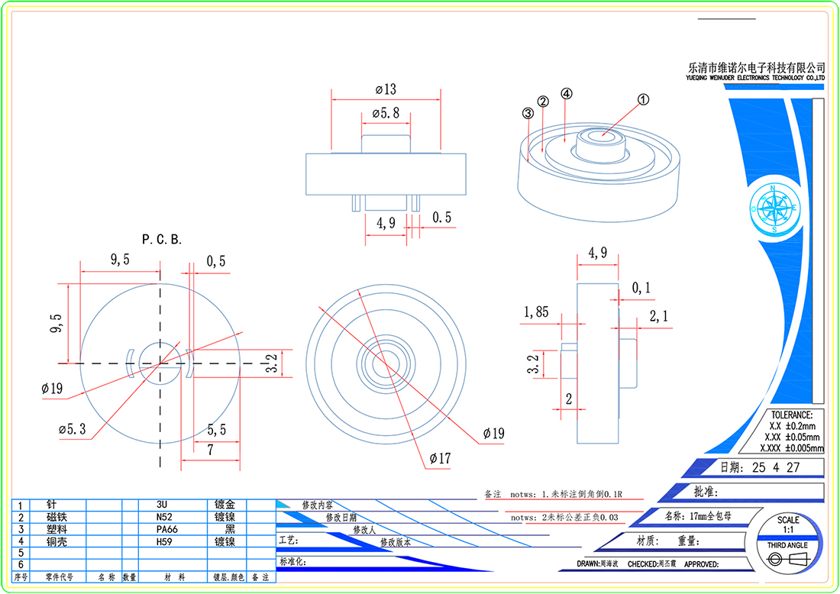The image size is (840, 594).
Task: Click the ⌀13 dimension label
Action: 386,89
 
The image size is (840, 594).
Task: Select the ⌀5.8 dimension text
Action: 386,113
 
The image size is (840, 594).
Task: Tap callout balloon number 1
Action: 643,99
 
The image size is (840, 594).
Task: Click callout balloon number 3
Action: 528,113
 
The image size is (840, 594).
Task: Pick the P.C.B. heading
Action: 161,240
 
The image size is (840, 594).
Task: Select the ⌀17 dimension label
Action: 440,459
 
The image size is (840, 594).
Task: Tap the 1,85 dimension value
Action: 536,312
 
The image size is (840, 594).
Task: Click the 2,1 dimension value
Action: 658,316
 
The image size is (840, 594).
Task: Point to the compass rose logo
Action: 774,207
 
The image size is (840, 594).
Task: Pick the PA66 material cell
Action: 164,528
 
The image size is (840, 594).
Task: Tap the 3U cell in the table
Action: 161,505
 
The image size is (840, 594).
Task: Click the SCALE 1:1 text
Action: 788,525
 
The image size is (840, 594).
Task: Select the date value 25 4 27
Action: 776,467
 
